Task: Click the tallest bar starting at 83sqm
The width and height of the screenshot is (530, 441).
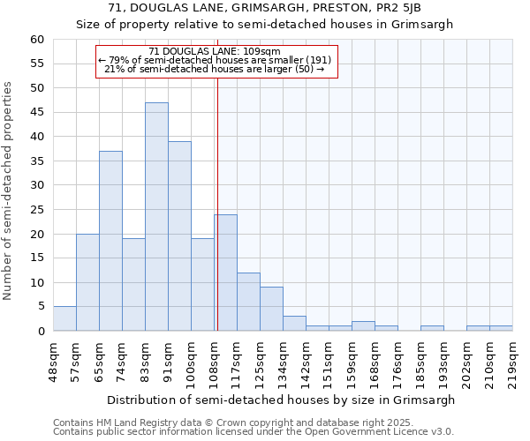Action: [156, 217]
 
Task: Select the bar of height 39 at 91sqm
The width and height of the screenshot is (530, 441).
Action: [179, 236]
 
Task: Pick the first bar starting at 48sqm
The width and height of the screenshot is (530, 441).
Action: [64, 319]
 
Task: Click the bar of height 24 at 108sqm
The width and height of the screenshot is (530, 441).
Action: [226, 273]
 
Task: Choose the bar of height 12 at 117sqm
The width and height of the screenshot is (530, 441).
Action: [248, 302]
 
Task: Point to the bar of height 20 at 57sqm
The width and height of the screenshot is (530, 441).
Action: [87, 282]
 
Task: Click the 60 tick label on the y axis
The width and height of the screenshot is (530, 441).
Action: [36, 40]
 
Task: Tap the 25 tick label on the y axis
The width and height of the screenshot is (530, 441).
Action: [36, 210]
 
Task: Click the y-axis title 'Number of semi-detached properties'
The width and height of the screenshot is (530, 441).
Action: [9, 191]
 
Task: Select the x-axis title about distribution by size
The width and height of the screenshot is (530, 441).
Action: [283, 400]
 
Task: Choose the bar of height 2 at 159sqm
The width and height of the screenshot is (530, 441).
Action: [363, 326]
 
